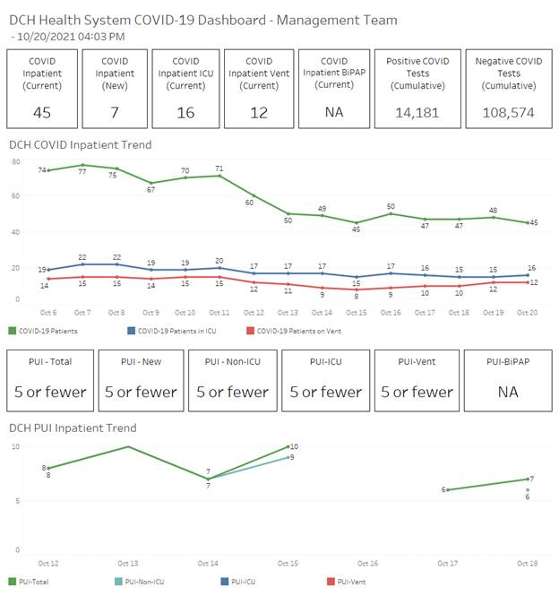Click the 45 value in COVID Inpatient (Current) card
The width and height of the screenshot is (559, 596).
42,113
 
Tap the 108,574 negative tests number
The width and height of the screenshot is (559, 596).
507,113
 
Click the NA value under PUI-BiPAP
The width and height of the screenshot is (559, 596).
506,392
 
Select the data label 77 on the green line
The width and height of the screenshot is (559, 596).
82,171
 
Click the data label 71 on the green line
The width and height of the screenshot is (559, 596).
219,168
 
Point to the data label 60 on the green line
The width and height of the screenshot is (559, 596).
250,203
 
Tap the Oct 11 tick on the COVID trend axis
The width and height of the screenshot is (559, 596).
219,312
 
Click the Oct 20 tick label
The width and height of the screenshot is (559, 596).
529,312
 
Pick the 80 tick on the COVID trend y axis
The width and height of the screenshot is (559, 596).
16,161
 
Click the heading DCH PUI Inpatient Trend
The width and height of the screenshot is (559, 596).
73,428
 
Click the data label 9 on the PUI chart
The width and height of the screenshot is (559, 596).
293,458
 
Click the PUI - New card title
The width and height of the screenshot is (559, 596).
141,361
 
